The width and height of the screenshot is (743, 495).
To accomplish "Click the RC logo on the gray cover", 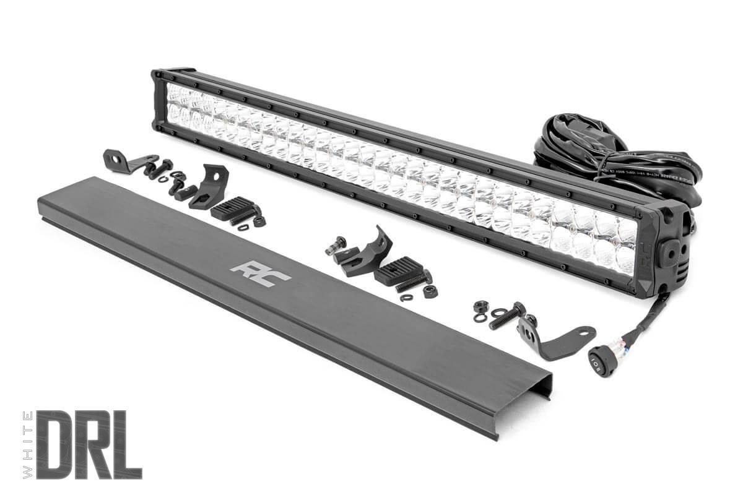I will pos(260,273).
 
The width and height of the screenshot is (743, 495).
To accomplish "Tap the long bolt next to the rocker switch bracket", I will pos(506,317).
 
